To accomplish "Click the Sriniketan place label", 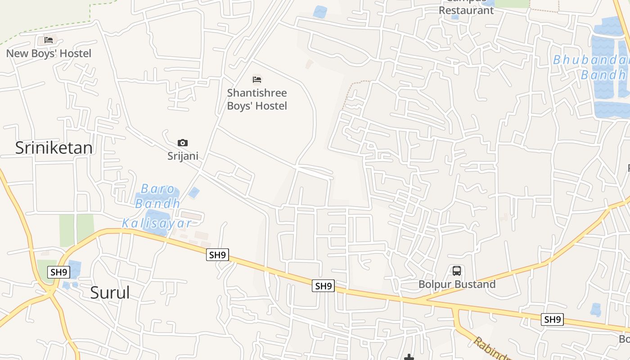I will (54, 148).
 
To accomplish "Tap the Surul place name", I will (110, 292).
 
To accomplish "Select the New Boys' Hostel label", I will (49, 54).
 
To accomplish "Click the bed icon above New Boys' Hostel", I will (49, 40).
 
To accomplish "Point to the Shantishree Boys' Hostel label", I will (257, 99).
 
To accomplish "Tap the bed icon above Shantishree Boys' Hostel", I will (257, 80).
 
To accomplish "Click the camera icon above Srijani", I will (183, 143).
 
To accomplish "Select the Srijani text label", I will (183, 156).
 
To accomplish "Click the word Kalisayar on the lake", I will (157, 223).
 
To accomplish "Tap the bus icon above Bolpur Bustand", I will (457, 271).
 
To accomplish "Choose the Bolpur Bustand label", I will (457, 284).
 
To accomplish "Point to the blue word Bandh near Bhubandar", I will (603, 75).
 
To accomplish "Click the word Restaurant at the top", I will (466, 10).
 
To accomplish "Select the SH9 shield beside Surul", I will (59, 272).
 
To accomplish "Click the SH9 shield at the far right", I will (553, 319).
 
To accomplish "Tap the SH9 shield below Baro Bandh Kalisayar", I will (217, 255).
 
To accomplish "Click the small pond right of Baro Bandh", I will (194, 193).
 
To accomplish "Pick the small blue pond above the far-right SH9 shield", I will (596, 310).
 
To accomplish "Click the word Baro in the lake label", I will (157, 189).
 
